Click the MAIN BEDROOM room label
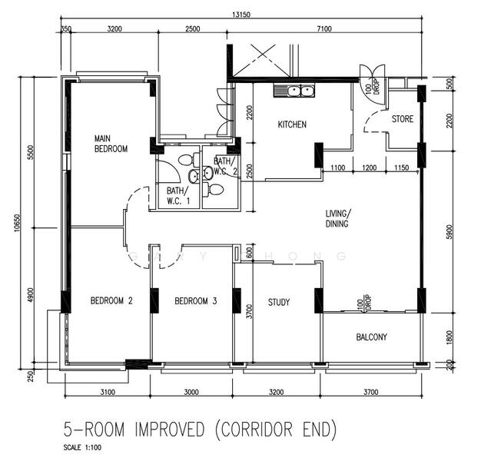point(111,143)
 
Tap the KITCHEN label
point(292,124)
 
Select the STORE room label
point(402,119)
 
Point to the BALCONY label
point(372,337)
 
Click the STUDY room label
point(279,302)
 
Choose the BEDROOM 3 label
point(195,302)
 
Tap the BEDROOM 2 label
point(111,302)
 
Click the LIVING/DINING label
point(337,218)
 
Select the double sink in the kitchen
point(294,91)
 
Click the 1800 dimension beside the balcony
point(450,336)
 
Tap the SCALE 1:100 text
point(85,446)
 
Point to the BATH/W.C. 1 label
point(176,195)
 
